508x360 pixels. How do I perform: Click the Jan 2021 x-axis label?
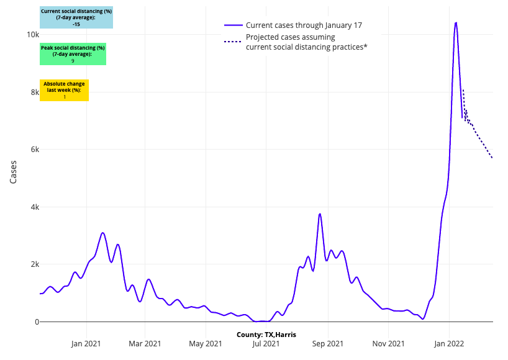click(x=86, y=343)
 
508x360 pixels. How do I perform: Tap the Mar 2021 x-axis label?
click(x=145, y=343)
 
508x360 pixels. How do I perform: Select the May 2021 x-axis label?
click(x=206, y=343)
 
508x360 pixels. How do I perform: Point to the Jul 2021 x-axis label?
click(x=266, y=343)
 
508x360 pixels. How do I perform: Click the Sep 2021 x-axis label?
click(x=328, y=343)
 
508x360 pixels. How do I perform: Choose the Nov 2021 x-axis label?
click(x=389, y=343)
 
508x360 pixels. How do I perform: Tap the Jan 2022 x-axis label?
click(x=450, y=343)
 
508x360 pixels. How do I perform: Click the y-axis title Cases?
click(x=14, y=172)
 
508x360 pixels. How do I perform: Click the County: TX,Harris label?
click(x=266, y=335)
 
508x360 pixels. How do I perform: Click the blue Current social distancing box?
click(x=76, y=17)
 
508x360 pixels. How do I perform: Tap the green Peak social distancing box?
click(x=73, y=54)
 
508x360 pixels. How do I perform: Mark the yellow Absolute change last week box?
click(x=64, y=90)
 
